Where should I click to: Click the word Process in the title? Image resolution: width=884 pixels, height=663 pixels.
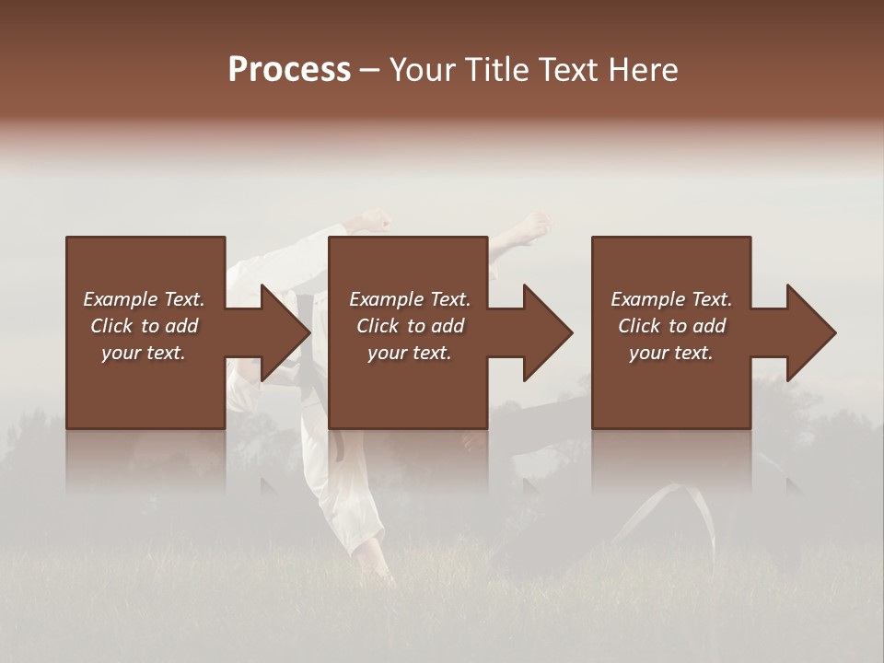point(289,69)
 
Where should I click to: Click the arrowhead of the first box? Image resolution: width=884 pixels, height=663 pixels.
point(284,332)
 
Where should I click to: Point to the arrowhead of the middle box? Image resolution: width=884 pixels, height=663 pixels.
point(547,332)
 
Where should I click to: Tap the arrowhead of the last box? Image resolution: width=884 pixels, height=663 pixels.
point(810,332)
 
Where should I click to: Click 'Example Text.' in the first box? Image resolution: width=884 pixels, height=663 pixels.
point(144,299)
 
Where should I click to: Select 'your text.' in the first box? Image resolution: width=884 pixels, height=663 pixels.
point(144,353)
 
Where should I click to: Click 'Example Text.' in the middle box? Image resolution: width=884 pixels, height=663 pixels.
point(410,299)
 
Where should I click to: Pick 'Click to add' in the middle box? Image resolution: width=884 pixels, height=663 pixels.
point(410,326)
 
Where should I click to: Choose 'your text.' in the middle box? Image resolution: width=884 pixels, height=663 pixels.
point(410,353)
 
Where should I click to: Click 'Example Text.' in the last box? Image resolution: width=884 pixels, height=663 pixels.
point(671,299)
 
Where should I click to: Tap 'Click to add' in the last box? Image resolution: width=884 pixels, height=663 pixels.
point(671,326)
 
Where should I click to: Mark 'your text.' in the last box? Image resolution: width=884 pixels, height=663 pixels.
point(671,353)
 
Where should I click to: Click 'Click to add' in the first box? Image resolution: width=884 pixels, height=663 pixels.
point(144,326)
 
